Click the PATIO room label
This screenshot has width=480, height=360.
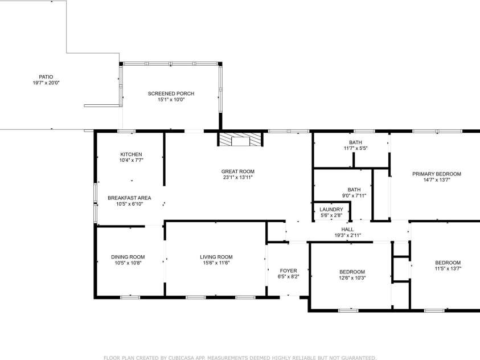pos(46,76)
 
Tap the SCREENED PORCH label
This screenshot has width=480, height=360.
pos(171,93)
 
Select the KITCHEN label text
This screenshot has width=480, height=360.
pos(131,154)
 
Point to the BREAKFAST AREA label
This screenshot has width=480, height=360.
pos(129,198)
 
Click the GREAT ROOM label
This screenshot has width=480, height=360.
pos(238,171)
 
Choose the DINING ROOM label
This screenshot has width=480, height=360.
pos(128,257)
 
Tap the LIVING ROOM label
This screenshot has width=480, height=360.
pos(216,257)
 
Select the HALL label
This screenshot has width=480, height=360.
pos(347,229)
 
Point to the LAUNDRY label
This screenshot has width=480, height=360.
pos(331,209)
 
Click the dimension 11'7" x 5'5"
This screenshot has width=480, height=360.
pos(355,148)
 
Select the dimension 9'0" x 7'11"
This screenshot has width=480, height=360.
pos(354,195)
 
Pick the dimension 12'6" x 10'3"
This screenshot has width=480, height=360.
pos(352,278)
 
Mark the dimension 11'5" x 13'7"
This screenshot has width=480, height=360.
pos(448,268)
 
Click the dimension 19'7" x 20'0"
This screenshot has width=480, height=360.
pos(46,83)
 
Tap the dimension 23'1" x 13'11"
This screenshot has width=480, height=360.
pos(238,177)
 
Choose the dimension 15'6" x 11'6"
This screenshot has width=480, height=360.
pos(216,263)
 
